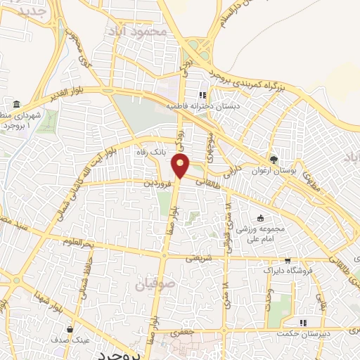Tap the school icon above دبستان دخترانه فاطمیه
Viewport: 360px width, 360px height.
(202, 96)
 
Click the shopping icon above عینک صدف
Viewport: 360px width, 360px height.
(70, 328)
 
